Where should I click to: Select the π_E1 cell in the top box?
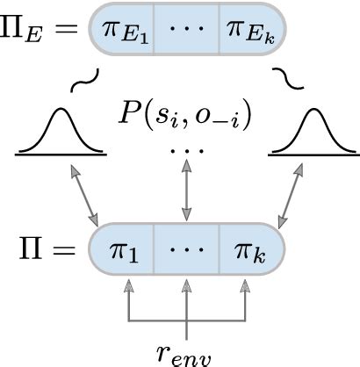point(122,34)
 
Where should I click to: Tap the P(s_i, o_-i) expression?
point(184,114)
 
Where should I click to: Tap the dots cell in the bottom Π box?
point(185,253)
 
